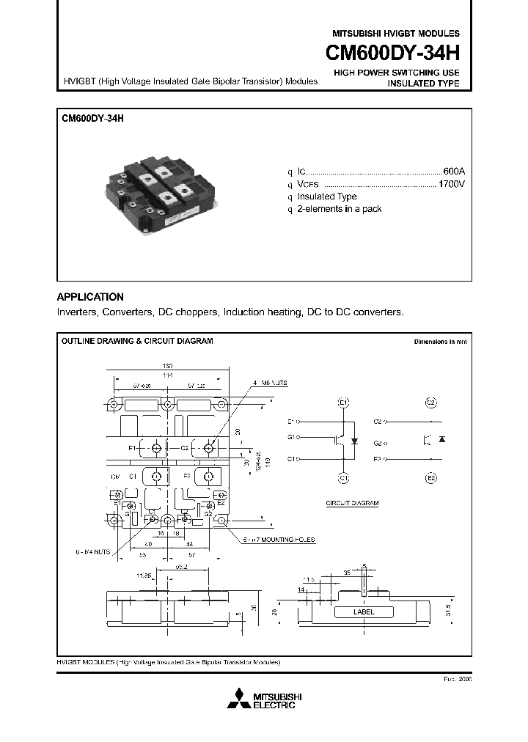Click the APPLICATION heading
point(90,297)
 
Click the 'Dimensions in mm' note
point(439,342)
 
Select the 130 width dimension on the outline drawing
point(168,366)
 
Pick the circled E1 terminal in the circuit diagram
point(343,403)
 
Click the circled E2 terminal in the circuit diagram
point(431,478)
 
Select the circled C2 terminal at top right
point(431,403)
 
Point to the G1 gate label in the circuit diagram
point(291,438)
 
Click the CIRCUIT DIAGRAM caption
point(352,504)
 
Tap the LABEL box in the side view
point(363,611)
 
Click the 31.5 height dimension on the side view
point(447,611)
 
